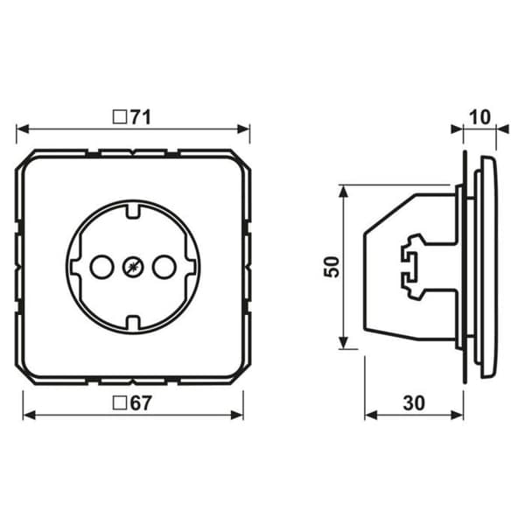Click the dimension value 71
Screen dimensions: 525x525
(141, 117)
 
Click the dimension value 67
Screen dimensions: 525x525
(141, 402)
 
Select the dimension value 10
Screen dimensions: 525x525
(479, 117)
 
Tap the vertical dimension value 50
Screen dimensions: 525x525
(332, 267)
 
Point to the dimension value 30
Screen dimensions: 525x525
(414, 403)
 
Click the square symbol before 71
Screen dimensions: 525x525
(120, 117)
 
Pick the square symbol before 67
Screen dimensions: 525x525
(120, 402)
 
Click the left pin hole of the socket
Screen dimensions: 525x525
(101, 267)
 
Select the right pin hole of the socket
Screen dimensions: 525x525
(164, 267)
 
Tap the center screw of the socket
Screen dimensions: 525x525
(133, 267)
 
